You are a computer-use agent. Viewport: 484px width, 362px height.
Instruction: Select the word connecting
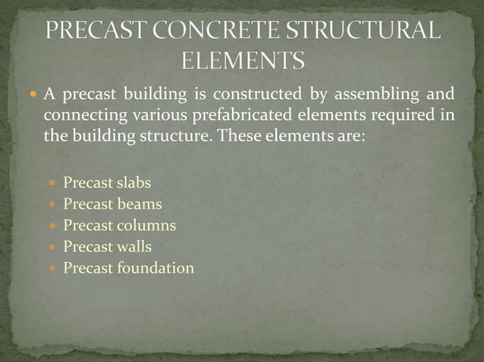click(79, 117)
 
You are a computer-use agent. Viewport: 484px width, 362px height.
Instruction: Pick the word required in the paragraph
click(400, 117)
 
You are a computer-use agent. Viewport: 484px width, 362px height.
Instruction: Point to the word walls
click(134, 246)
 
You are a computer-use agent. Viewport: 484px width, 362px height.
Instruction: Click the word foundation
click(156, 267)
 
